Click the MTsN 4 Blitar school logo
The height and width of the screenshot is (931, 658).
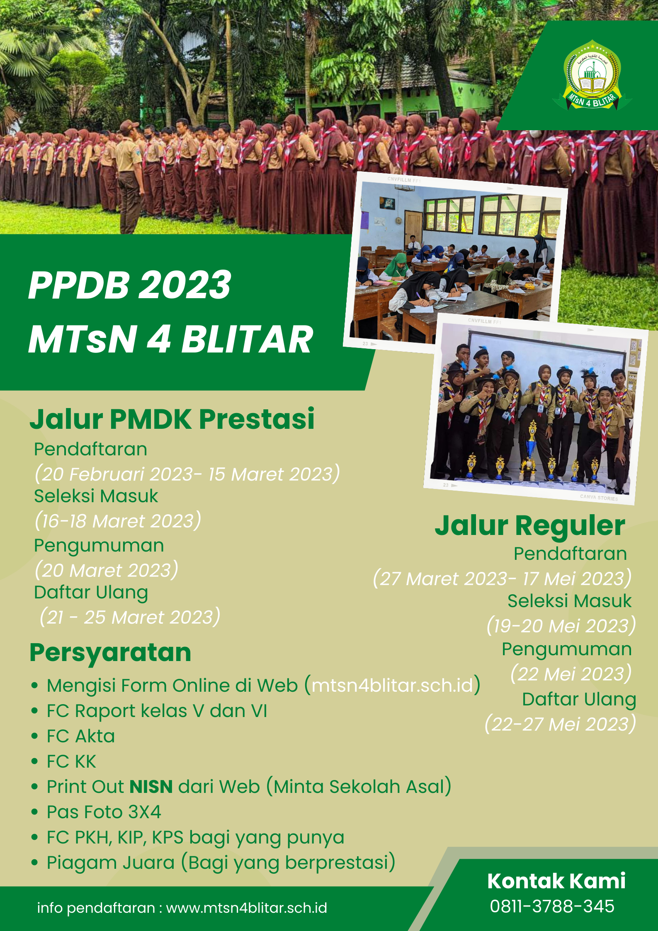pos(592,75)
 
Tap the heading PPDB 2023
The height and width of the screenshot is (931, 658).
pos(130,285)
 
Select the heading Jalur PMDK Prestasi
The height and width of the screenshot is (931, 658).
pos(172,419)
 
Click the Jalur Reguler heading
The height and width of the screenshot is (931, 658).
pos(529,526)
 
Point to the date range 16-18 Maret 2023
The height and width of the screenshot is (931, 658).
pos(118,521)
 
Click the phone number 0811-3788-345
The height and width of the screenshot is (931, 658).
pos(552,907)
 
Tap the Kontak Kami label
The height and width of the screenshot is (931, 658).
pos(556,881)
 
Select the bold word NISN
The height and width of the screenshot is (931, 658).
pos(151,787)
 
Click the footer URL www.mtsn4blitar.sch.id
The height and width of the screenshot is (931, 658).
pos(247,908)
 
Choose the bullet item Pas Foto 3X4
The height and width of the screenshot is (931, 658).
pos(104,812)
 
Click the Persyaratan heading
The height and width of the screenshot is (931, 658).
pos(110,653)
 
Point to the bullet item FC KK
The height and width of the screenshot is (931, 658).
pos(71,761)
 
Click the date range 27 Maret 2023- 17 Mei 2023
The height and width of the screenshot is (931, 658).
pos(503,579)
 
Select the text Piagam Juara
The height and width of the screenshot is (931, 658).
pos(110,863)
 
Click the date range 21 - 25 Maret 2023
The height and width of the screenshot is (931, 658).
pos(130,617)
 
